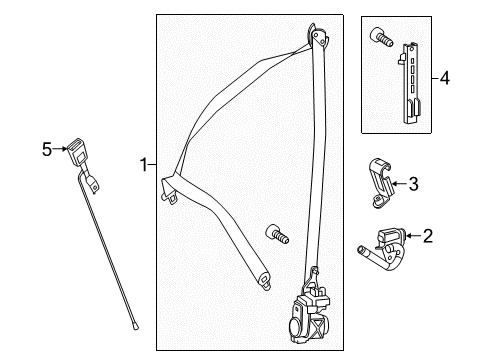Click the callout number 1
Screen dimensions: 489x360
[144, 165]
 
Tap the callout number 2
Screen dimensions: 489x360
[428, 236]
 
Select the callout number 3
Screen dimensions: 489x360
[413, 184]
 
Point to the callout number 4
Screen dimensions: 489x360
[445, 79]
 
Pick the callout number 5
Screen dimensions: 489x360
[47, 149]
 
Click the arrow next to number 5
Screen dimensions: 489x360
[60, 149]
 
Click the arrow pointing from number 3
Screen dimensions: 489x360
[399, 183]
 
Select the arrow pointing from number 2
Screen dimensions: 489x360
[414, 236]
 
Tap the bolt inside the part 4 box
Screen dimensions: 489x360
[381, 37]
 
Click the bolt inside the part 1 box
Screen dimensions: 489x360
[277, 234]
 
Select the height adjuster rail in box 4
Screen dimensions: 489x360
[410, 83]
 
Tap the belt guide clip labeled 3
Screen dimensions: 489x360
[381, 182]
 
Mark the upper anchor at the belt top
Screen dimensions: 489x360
[318, 35]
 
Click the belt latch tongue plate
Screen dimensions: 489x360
[170, 190]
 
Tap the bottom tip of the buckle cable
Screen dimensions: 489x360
[135, 328]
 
